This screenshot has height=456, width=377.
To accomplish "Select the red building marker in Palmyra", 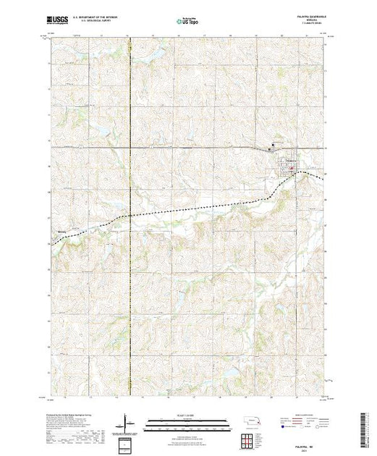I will [292, 171].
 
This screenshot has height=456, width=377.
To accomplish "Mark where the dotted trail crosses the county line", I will [130, 215].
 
